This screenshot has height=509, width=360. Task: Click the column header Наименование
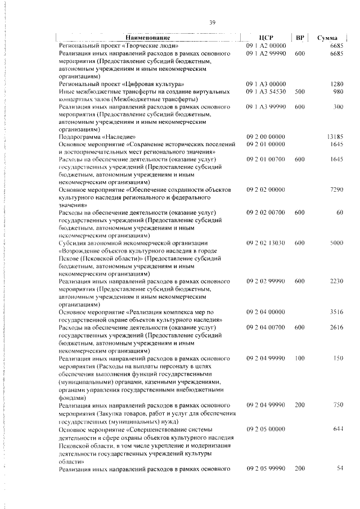point(149,37)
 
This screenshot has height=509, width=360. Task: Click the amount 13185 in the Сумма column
point(334,136)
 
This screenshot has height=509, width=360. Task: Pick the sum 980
point(337,91)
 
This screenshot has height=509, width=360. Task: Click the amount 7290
point(336,191)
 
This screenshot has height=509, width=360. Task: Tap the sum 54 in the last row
point(339,468)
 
